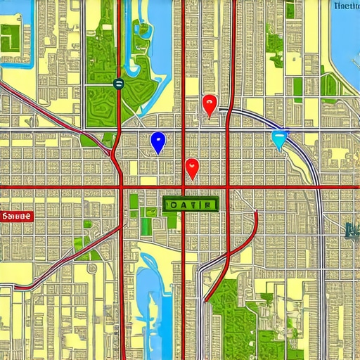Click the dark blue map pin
[x=157, y=141]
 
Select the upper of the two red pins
[x=209, y=105]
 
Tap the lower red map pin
[x=192, y=168]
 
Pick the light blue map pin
[x=279, y=139]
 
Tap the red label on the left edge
[x=15, y=217]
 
